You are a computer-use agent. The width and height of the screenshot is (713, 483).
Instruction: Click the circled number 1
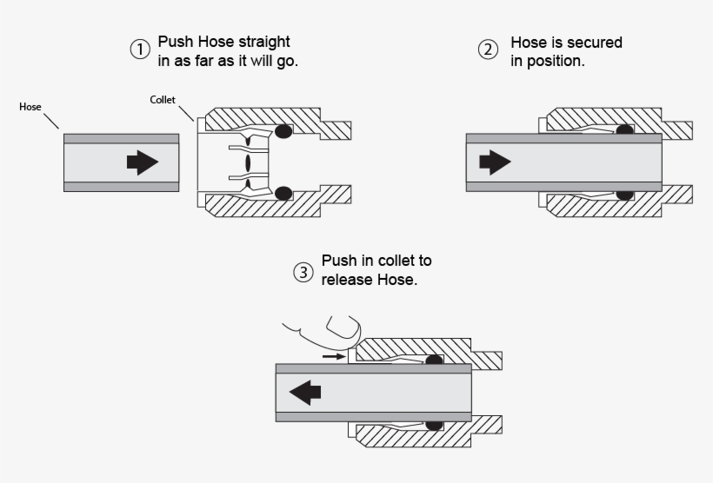(x=140, y=50)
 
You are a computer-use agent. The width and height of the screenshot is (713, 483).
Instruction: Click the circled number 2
(x=490, y=50)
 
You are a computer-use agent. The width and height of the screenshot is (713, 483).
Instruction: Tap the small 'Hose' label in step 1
(x=30, y=107)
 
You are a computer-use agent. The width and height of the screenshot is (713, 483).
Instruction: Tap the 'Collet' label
(x=163, y=101)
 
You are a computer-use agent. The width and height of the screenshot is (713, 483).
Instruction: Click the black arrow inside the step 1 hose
(x=143, y=162)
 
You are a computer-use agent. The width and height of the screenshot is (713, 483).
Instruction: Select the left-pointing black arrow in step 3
(x=305, y=392)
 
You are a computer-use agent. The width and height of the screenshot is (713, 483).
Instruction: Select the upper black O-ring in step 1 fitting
(x=283, y=130)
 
